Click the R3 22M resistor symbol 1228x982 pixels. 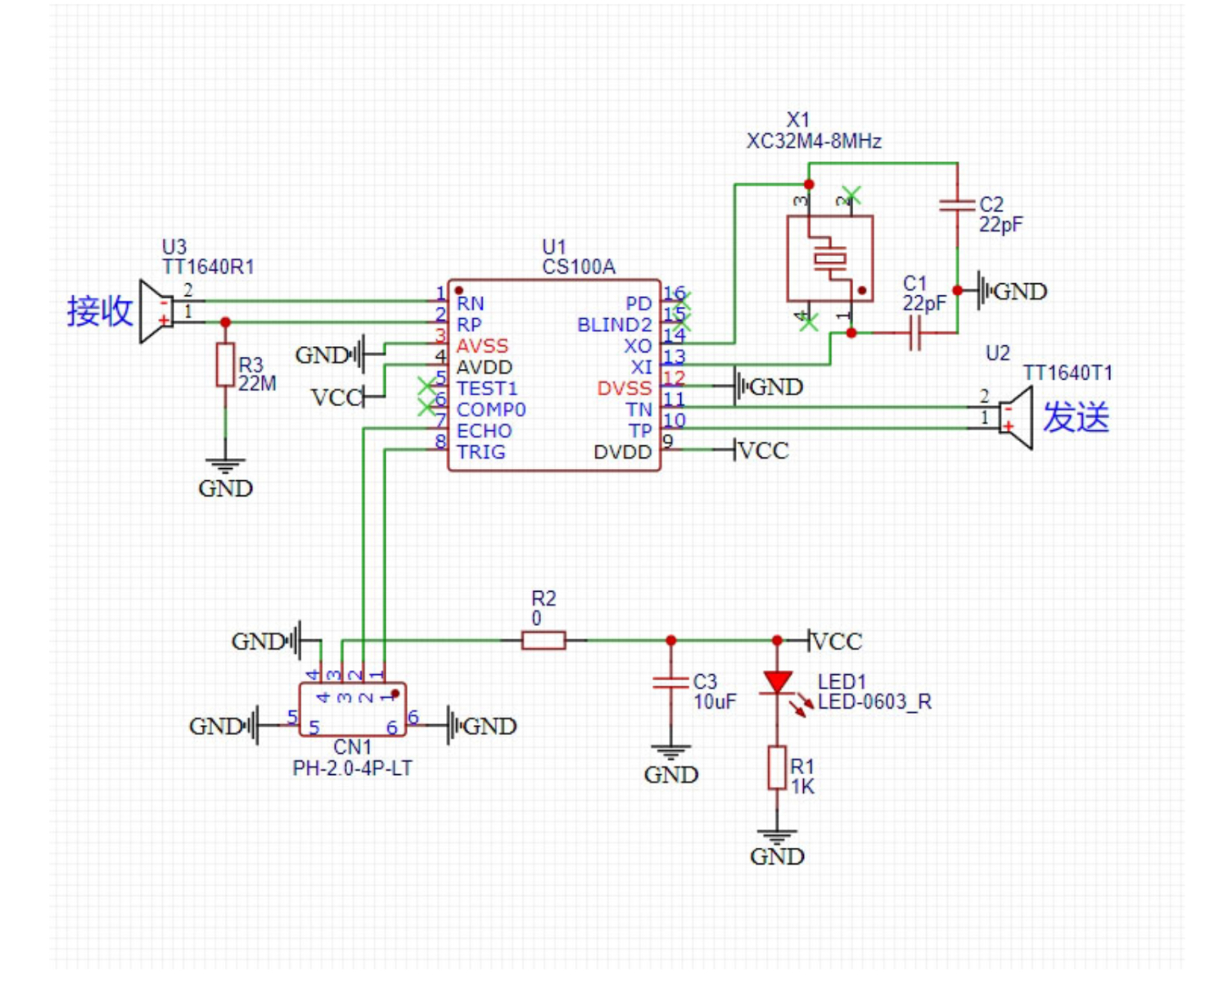click(225, 365)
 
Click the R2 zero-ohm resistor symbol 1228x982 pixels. click(544, 640)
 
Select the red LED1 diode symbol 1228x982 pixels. click(777, 682)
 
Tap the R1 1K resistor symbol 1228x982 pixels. click(777, 768)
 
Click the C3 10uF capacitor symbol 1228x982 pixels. click(670, 682)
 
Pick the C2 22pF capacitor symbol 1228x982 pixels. click(957, 205)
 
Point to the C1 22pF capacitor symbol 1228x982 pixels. click(914, 332)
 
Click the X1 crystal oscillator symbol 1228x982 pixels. click(829, 259)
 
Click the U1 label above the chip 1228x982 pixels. click(554, 247)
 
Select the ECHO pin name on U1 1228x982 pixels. click(484, 431)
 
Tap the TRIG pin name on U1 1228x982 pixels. click(481, 453)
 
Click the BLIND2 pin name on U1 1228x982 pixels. click(614, 325)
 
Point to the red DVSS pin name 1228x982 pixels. click(624, 389)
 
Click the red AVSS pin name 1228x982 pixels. click(482, 346)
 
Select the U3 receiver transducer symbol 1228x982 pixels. click(156, 311)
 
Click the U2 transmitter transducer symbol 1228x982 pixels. click(1017, 417)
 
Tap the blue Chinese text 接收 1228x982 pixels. click(99, 312)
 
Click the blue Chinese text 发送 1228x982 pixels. click(1076, 417)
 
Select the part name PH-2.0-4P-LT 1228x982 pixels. click(352, 768)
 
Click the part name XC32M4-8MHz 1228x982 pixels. click(814, 142)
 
